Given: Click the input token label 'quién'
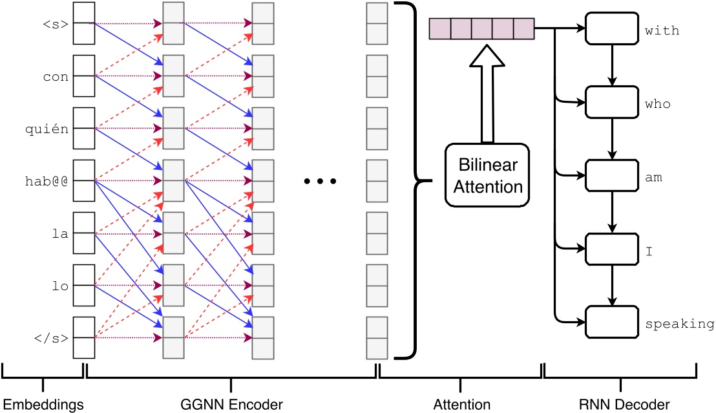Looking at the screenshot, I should (51, 128).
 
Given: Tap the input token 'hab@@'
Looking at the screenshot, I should (51, 180).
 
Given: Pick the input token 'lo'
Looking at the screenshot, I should (61, 285).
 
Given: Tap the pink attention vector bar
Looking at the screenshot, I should (481, 28).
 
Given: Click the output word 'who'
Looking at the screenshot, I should (657, 104).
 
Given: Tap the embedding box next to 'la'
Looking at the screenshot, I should (84, 233).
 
